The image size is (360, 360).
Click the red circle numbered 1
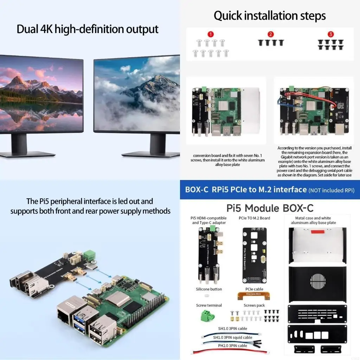click(x=210, y=34)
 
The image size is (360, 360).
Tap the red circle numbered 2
click(x=270, y=34)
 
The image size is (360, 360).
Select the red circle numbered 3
click(x=330, y=34)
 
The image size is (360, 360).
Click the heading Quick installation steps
click(x=270, y=16)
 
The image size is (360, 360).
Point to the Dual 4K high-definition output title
click(x=88, y=29)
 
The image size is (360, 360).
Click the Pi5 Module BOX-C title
click(x=270, y=208)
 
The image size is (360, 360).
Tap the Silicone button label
click(x=209, y=289)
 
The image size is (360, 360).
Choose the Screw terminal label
click(x=209, y=305)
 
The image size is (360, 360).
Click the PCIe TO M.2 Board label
click(x=254, y=218)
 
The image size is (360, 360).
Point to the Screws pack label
click(x=254, y=305)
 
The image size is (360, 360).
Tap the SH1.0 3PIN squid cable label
click(x=233, y=337)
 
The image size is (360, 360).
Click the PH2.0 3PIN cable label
click(x=233, y=346)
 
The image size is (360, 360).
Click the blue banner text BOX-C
click(x=197, y=190)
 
